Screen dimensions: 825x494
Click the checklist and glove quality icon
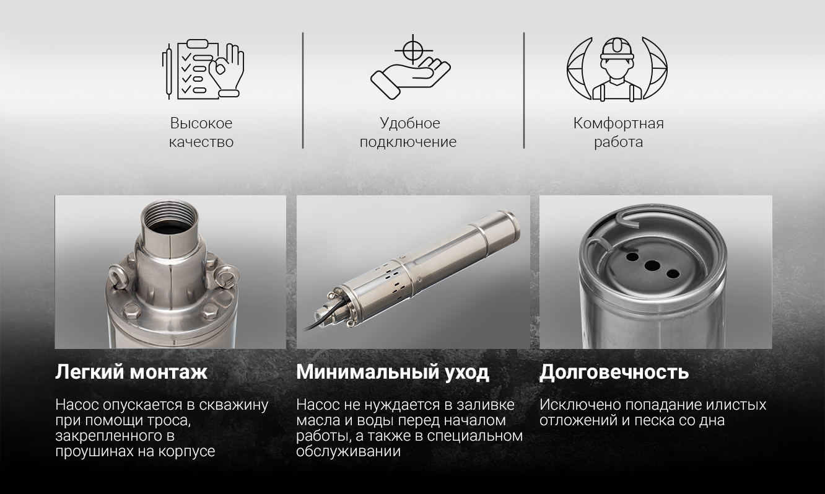[203, 69]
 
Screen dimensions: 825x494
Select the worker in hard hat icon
[617, 69]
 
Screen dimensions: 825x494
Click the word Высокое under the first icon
[201, 123]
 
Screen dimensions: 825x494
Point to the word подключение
[408, 142]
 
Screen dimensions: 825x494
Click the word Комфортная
[618, 123]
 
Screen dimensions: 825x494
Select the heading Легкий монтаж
[131, 372]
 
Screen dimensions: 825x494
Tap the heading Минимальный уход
[393, 372]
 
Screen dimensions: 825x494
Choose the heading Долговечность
[614, 372]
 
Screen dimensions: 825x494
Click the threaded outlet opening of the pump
[170, 221]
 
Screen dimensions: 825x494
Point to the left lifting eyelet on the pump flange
[118, 276]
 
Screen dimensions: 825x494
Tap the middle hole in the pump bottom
[652, 265]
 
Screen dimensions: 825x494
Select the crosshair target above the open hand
[413, 50]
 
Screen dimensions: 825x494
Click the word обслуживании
[348, 451]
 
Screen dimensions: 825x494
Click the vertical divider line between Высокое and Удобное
[303, 90]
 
